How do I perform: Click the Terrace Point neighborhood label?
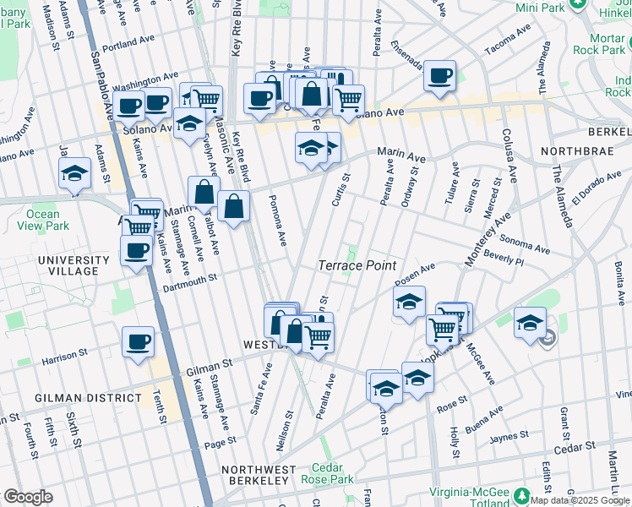click(357, 265)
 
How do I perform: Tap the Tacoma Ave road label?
click(507, 35)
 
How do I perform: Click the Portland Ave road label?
click(129, 48)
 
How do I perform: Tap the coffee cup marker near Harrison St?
click(138, 342)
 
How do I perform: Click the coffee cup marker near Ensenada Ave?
click(439, 76)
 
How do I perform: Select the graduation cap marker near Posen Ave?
click(409, 302)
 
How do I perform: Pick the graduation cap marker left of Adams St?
click(74, 174)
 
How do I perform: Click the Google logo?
click(28, 497)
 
